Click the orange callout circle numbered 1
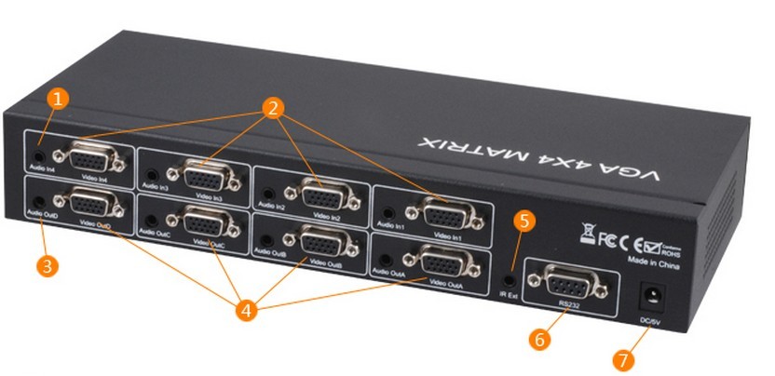pos(59,99)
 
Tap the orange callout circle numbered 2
pos(273,108)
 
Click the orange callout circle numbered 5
pos(525,222)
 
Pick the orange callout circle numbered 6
pos(538,338)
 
